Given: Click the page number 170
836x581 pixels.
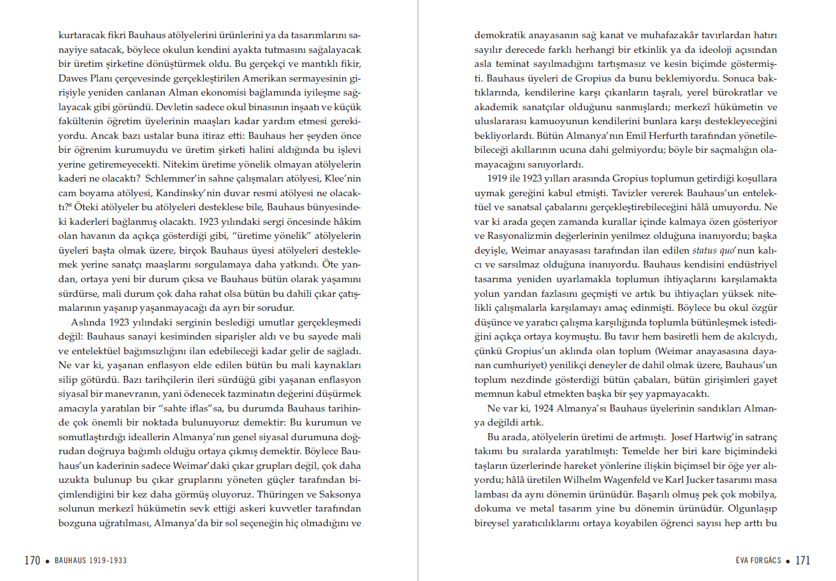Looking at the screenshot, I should coord(32,561).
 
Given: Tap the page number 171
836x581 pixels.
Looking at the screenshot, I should coord(802,561).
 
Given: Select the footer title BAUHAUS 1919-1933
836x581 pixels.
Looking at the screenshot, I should coord(90,561).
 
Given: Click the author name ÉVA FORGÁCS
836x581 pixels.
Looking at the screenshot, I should coord(758,561).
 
